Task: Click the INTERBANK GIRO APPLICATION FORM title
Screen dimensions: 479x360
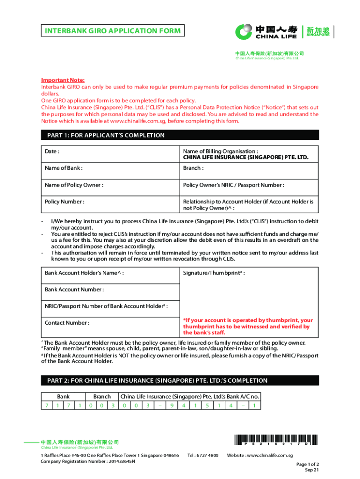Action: (112, 31)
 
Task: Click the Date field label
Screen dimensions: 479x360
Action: (52, 152)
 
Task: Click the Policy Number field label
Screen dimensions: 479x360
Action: (65, 202)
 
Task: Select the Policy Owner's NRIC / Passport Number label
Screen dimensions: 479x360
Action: (234, 185)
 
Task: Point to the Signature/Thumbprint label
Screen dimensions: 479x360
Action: (214, 273)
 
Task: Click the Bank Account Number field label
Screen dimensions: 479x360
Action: (74, 290)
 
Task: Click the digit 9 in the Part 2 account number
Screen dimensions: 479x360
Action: (172, 405)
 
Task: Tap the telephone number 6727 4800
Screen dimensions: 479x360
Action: (202, 455)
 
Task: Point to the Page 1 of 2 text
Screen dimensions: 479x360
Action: (308, 464)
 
